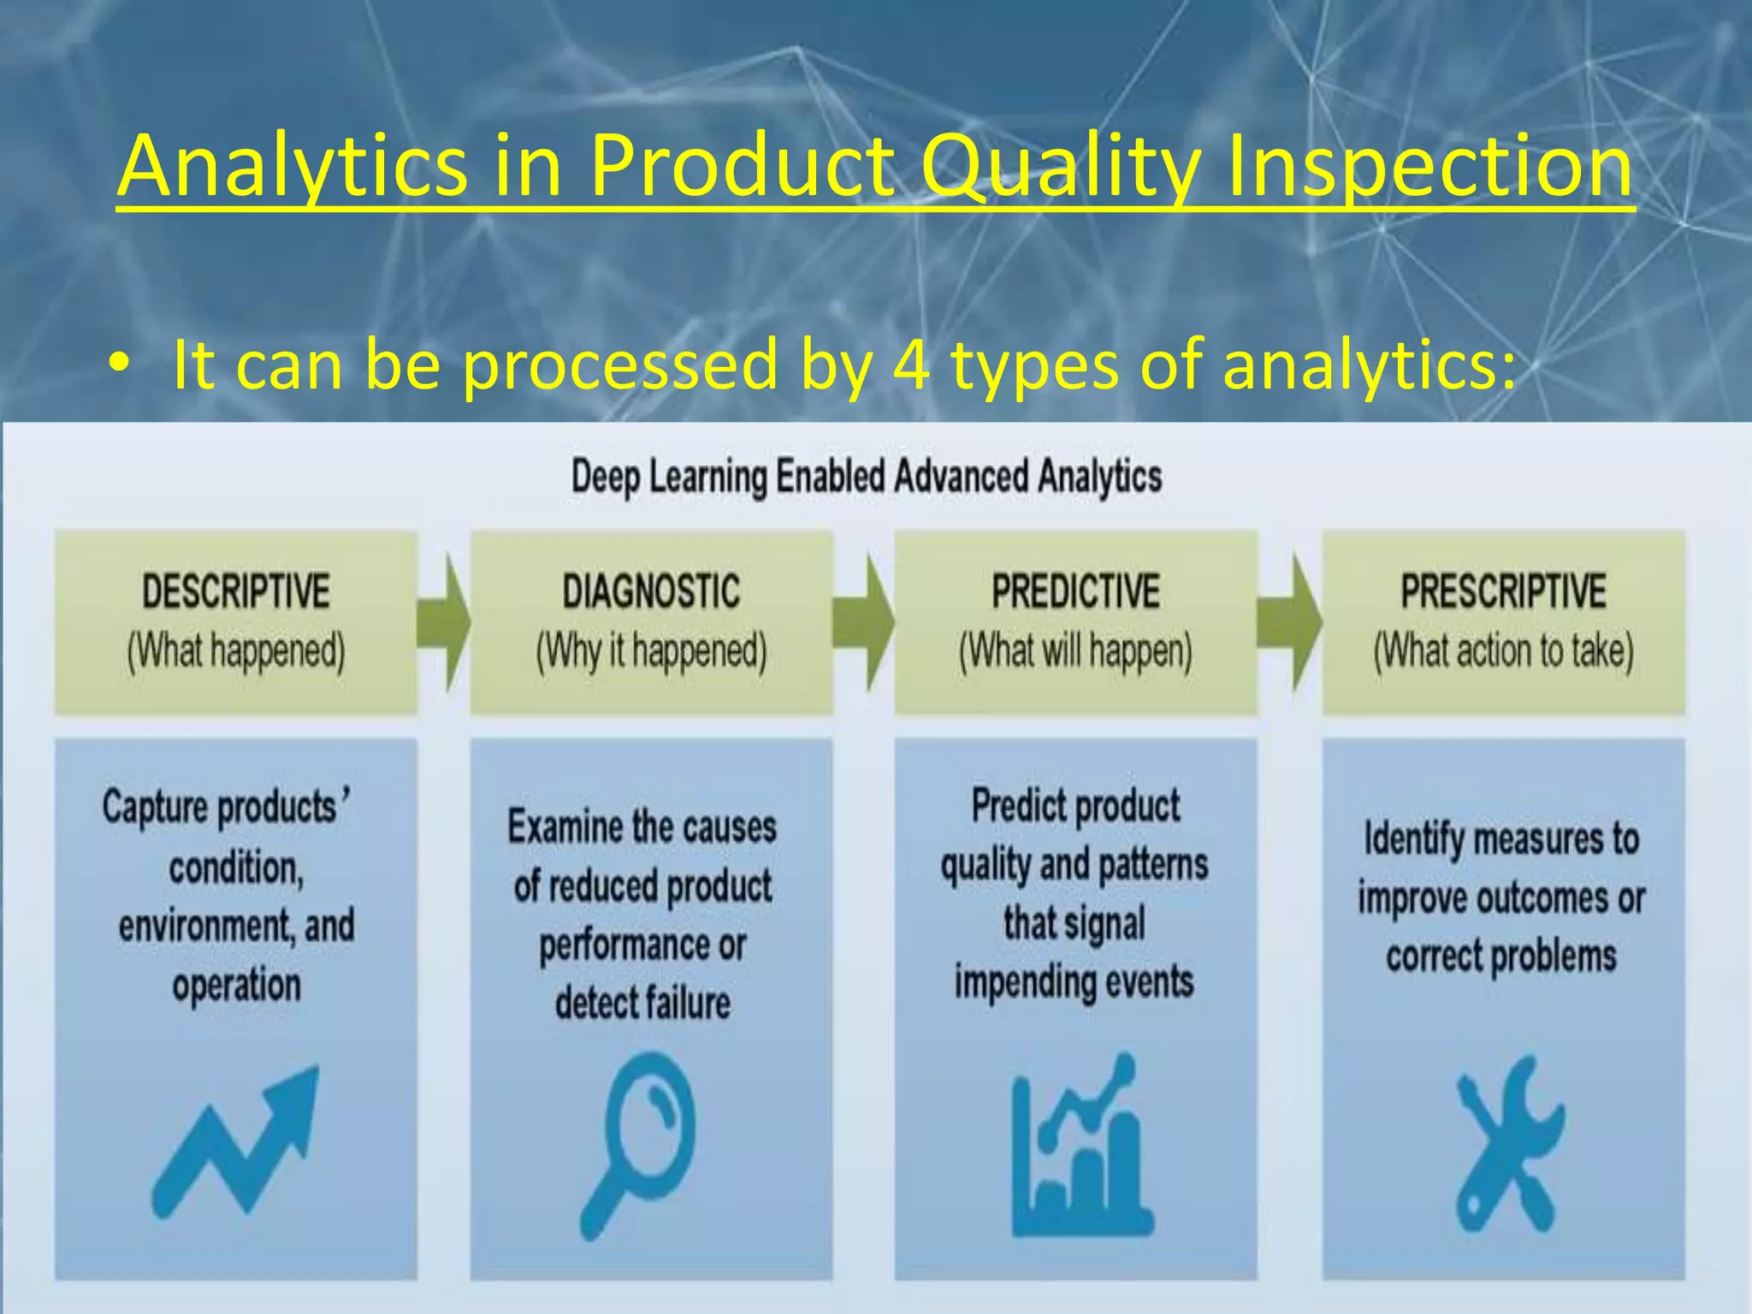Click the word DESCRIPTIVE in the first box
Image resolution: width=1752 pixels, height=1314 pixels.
pyautogui.click(x=235, y=591)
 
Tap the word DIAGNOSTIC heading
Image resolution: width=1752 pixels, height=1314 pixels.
pyautogui.click(x=651, y=591)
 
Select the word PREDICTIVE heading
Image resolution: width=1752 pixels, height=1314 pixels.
pyautogui.click(x=1075, y=591)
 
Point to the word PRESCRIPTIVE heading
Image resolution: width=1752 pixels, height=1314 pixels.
pyautogui.click(x=1503, y=591)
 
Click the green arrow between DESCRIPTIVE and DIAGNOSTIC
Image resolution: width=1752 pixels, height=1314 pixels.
pyautogui.click(x=444, y=622)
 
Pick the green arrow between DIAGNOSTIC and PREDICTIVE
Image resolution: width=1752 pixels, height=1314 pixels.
pyautogui.click(x=864, y=622)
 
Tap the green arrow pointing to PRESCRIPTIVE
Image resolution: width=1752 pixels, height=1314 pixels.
pyautogui.click(x=1290, y=622)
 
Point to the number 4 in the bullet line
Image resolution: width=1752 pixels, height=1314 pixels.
pyautogui.click(x=910, y=364)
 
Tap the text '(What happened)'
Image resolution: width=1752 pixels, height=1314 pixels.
pyautogui.click(x=235, y=651)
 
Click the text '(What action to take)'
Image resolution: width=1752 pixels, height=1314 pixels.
pyautogui.click(x=1503, y=651)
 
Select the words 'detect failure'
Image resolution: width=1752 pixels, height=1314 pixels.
pyautogui.click(x=642, y=1003)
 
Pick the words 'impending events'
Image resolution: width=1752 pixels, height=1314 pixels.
pyautogui.click(x=1074, y=982)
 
